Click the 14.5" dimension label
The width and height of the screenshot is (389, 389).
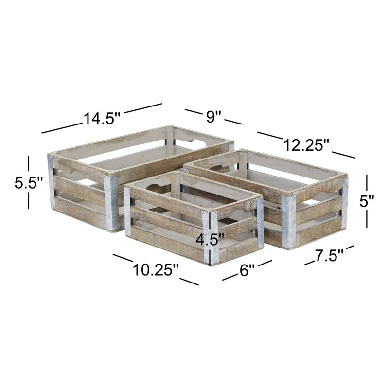point(102,118)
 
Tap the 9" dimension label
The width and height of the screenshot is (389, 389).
point(213,116)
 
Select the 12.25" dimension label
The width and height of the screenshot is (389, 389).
point(306,145)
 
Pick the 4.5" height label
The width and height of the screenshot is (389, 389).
point(210,240)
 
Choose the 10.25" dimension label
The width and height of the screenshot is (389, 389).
point(156,269)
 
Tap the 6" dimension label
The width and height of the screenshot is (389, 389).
point(247,270)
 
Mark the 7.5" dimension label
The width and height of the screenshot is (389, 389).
point(329,255)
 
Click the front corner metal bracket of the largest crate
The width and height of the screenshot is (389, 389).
point(111,203)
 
